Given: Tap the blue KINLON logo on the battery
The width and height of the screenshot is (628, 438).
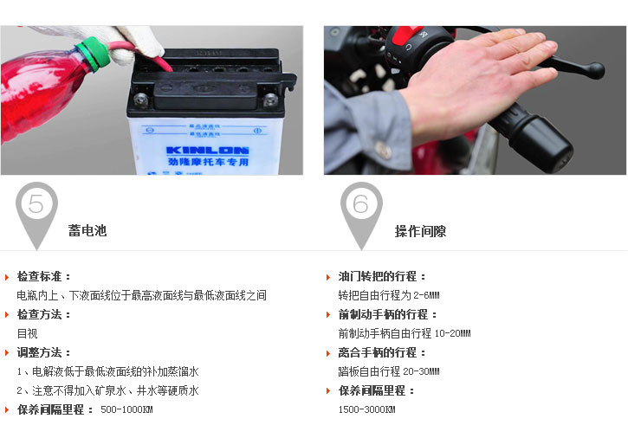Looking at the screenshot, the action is pyautogui.click(x=208, y=151).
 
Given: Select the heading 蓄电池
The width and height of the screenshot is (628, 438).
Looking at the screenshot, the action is pyautogui.click(x=87, y=230).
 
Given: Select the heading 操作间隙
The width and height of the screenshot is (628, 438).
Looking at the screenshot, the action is pyautogui.click(x=420, y=231).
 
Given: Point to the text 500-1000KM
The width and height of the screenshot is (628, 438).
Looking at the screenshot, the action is pyautogui.click(x=126, y=409).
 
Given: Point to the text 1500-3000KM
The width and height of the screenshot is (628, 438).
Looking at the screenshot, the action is pyautogui.click(x=366, y=409).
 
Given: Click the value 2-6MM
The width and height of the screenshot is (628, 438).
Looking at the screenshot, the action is pyautogui.click(x=426, y=295).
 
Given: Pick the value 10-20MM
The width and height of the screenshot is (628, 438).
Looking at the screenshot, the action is pyautogui.click(x=452, y=333).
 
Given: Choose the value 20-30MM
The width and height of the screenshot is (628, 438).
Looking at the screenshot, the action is pyautogui.click(x=421, y=371).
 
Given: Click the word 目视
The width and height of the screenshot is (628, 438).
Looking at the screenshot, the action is pyautogui.click(x=27, y=333).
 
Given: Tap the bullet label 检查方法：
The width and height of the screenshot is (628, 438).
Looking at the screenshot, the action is pyautogui.click(x=43, y=315).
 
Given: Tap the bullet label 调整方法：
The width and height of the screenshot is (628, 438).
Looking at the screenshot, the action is pyautogui.click(x=43, y=352).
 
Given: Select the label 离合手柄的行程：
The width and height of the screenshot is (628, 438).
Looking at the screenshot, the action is pyautogui.click(x=382, y=352).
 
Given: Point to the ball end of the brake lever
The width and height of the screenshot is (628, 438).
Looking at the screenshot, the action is pyautogui.click(x=596, y=70).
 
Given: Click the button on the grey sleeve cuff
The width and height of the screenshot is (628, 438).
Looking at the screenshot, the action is pyautogui.click(x=383, y=150).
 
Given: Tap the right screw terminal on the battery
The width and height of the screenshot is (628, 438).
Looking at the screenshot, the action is pyautogui.click(x=270, y=99).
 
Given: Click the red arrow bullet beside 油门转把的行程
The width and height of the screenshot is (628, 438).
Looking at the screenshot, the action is pyautogui.click(x=328, y=277).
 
